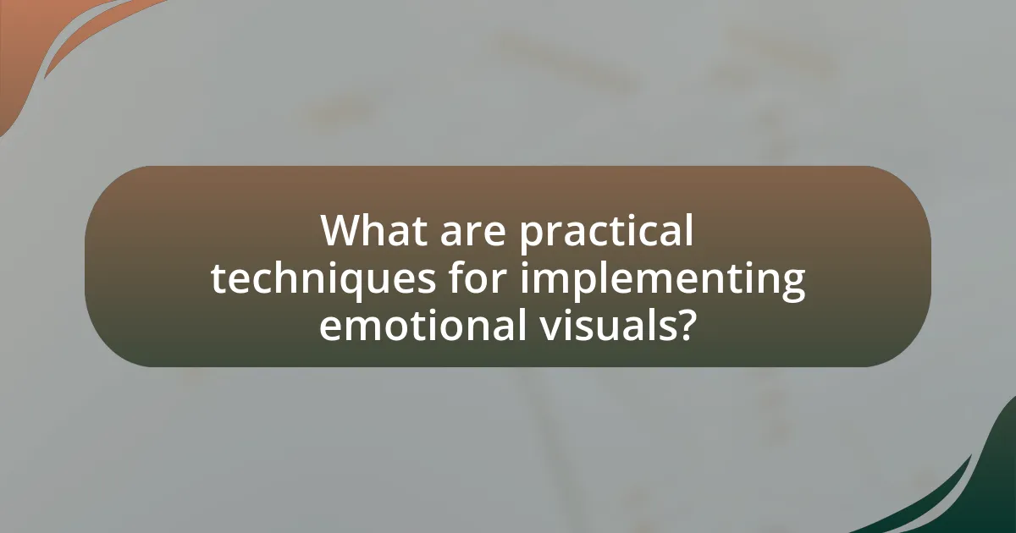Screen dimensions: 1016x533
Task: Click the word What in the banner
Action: click(373, 230)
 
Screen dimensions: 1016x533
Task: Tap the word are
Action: click(472, 235)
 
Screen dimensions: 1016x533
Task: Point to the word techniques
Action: click(323, 280)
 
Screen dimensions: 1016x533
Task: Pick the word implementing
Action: click(662, 280)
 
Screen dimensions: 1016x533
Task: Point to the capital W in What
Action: click(344, 230)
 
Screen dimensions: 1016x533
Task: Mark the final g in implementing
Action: click(792, 286)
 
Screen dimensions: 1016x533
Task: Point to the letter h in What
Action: click(382, 230)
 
